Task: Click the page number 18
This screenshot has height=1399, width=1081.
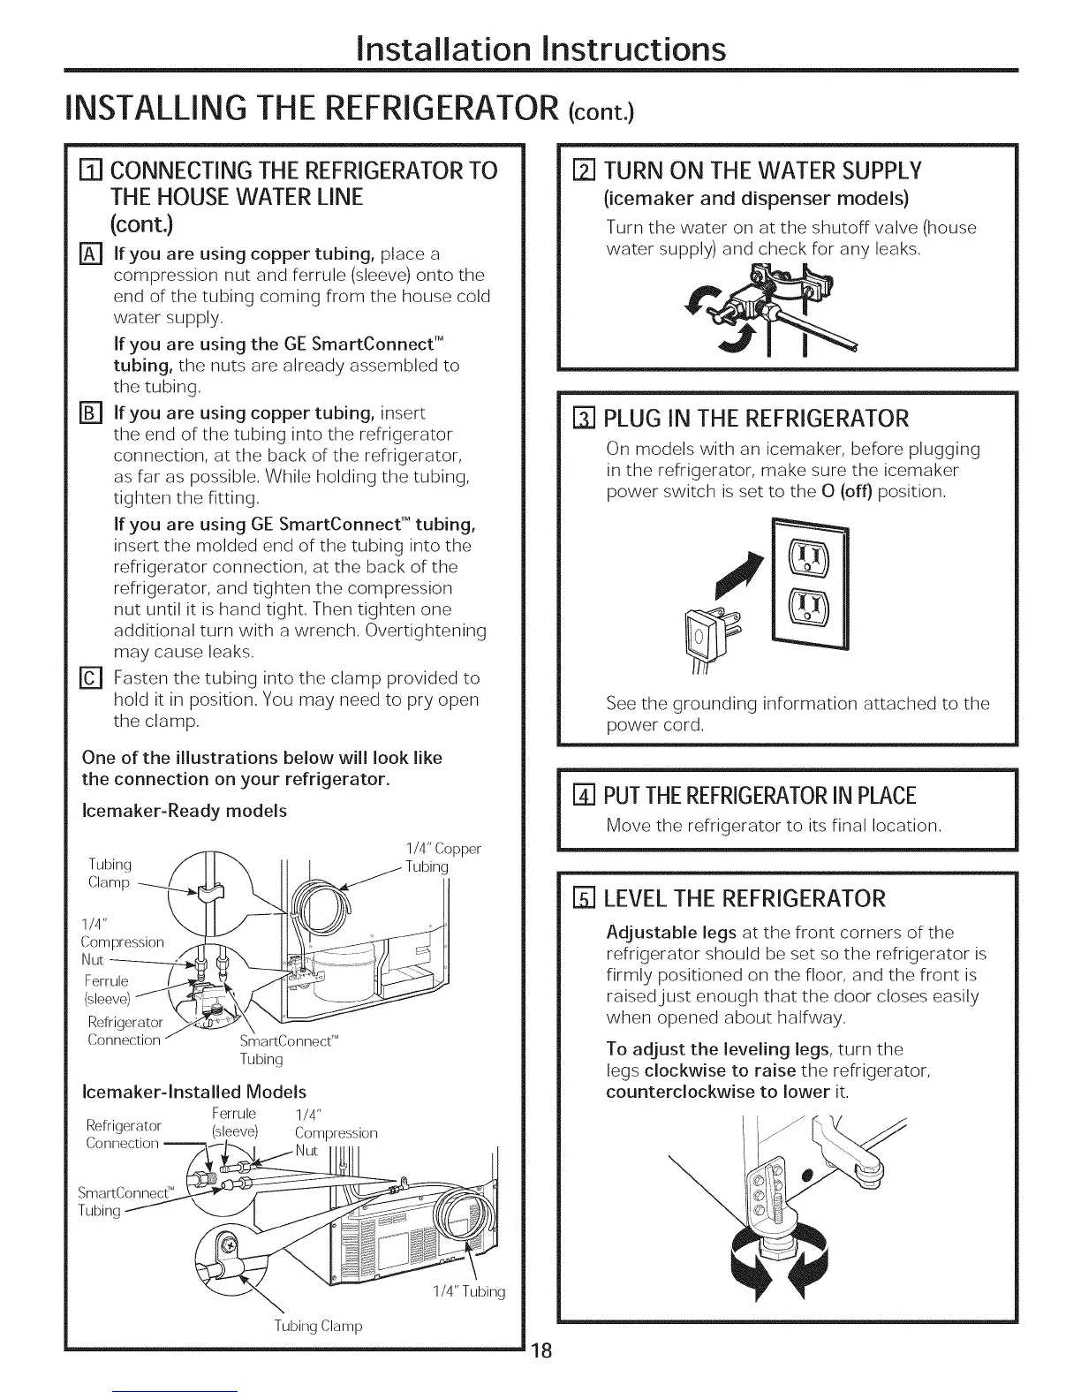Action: point(541,1354)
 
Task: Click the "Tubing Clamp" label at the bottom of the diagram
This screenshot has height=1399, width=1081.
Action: point(319,1326)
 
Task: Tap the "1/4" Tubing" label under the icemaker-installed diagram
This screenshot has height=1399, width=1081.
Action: point(468,1291)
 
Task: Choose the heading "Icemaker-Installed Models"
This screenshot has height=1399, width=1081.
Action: point(193,1092)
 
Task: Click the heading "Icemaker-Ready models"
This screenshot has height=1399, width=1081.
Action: point(184,810)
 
